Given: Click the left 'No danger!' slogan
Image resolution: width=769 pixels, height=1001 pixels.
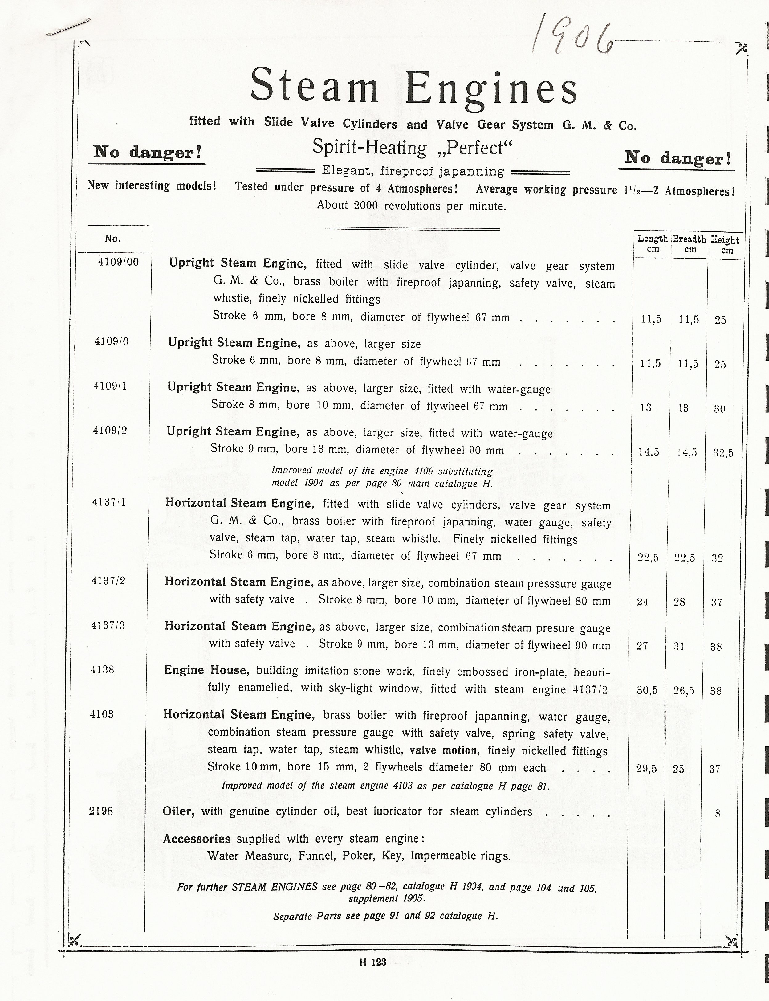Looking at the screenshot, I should [147, 152].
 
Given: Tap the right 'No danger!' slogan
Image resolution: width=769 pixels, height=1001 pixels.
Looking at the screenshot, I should [677, 158].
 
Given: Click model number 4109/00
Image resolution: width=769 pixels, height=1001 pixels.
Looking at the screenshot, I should [118, 262].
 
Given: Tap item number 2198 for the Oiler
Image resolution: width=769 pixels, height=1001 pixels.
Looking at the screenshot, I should [101, 811].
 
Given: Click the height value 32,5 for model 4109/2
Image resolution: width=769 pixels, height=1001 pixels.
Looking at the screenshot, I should [723, 453].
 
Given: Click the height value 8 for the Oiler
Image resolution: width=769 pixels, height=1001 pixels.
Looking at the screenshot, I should [717, 814].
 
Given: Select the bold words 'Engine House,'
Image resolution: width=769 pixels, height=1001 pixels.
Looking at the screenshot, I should [206, 670].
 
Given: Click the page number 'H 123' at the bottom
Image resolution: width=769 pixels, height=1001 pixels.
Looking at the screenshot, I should [372, 962].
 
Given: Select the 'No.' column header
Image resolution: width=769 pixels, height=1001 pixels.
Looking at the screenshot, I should [112, 238].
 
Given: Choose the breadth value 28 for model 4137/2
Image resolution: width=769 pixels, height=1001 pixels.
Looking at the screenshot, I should [679, 602].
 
